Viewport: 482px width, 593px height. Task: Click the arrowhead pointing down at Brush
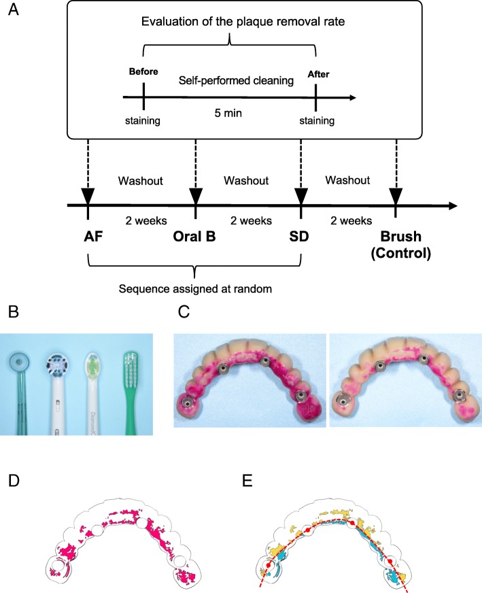pyautogui.click(x=395, y=196)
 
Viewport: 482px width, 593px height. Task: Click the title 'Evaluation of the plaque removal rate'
pyautogui.click(x=229, y=21)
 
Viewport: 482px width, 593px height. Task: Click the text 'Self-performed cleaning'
pyautogui.click(x=230, y=82)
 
